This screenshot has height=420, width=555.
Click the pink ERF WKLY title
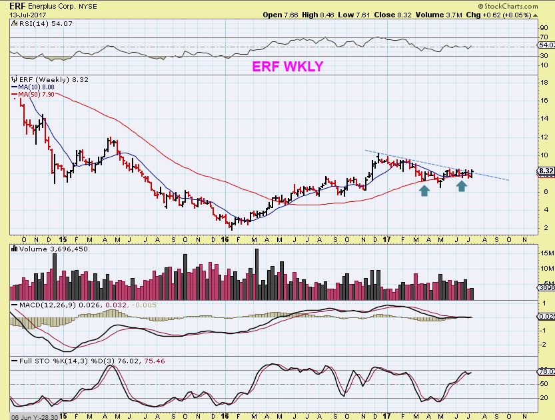point(287,66)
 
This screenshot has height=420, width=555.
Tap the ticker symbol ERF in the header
point(9,5)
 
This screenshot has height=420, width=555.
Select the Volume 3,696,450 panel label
point(44,248)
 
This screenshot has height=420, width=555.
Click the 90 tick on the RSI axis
point(543,28)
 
